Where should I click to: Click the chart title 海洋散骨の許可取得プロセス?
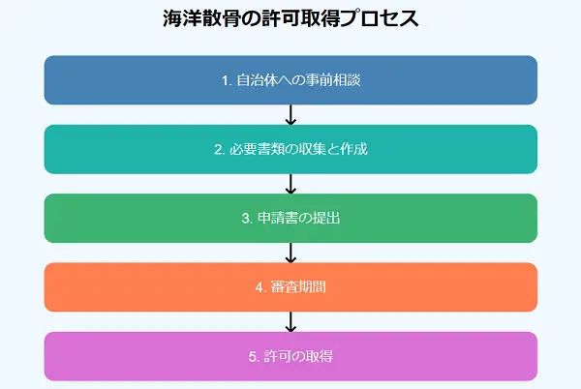pyautogui.click(x=290, y=19)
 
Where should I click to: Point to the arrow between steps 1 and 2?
pyautogui.click(x=290, y=115)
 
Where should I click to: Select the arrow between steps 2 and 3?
pyautogui.click(x=290, y=184)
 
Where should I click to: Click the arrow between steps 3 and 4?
pyautogui.click(x=290, y=253)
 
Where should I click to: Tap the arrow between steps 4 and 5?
pyautogui.click(x=290, y=321)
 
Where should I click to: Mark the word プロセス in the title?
pyautogui.click(x=381, y=19)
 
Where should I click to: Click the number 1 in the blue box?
pyautogui.click(x=225, y=80)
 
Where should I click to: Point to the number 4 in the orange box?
pyautogui.click(x=260, y=287)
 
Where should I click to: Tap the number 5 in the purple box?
pyautogui.click(x=253, y=356)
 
